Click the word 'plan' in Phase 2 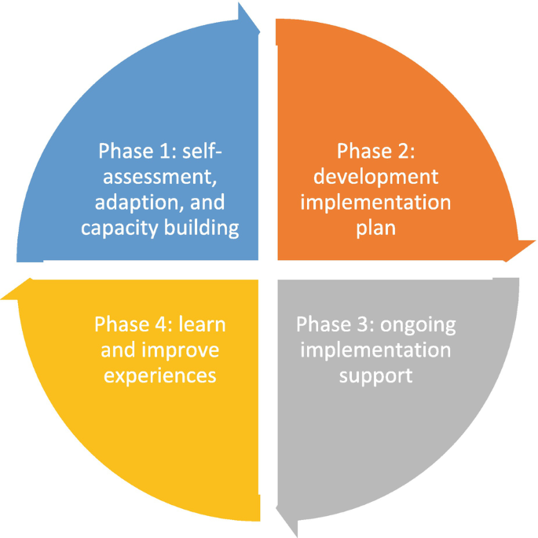(374, 229)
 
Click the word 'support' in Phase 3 (375, 375)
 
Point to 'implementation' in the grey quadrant (375, 350)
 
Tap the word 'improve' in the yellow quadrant (185, 350)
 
